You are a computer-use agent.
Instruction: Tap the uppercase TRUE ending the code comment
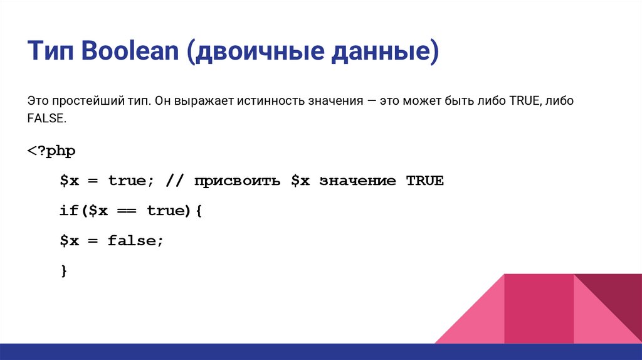pos(424,181)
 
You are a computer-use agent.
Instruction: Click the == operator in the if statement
pos(128,211)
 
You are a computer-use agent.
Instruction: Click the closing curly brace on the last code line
pos(63,270)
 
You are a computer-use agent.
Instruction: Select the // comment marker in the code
pos(174,181)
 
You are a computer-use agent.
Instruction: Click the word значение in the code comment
pos(357,181)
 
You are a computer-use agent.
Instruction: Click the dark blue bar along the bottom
pos(321,352)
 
